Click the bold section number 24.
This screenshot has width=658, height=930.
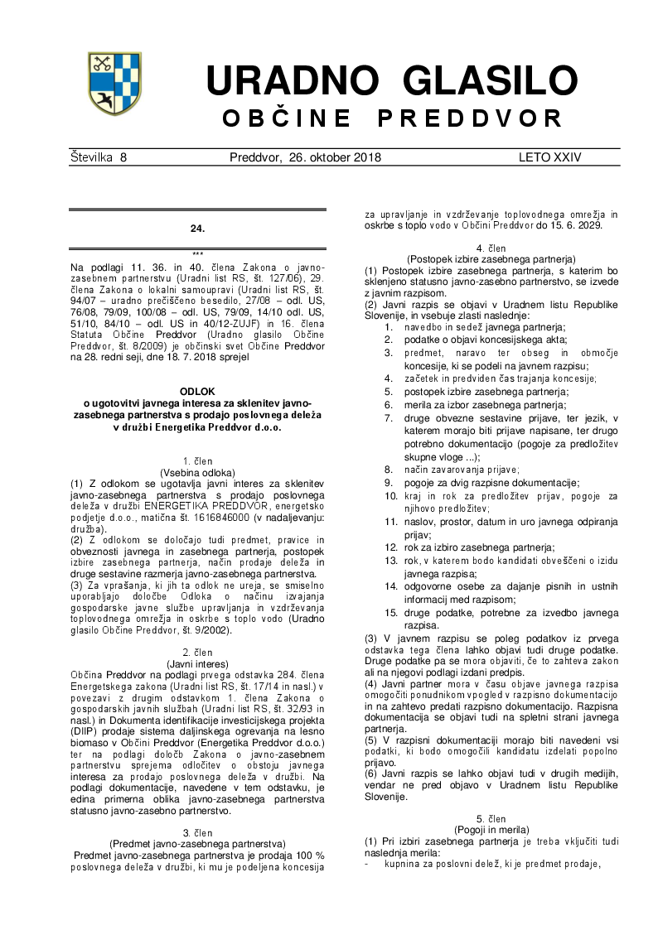(x=197, y=228)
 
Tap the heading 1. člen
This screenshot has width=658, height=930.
(x=197, y=460)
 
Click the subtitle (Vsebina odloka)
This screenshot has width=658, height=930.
(x=197, y=471)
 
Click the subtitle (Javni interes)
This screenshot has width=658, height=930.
(x=197, y=665)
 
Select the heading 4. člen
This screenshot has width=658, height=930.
(x=492, y=248)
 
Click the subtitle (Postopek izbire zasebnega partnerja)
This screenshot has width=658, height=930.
(x=492, y=258)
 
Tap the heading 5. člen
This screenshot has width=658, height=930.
(x=492, y=818)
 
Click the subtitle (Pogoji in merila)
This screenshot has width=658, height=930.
(x=492, y=829)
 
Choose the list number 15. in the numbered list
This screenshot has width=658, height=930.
(x=390, y=613)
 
